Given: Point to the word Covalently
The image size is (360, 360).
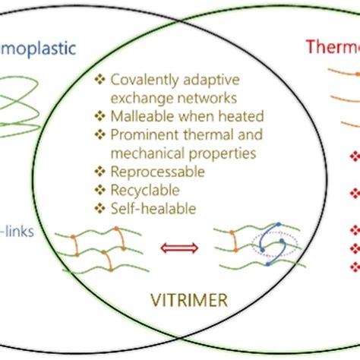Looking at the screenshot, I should pos(141,80).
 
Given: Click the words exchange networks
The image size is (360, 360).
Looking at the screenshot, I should pos(164,97).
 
